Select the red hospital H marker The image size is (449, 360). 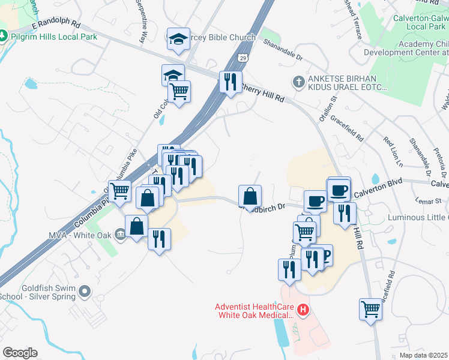(x=303, y=310)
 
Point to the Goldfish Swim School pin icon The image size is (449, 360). (x=84, y=292)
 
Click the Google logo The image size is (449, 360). (x=20, y=353)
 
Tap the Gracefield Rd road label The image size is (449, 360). (x=351, y=128)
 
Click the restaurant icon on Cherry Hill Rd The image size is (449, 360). (x=230, y=82)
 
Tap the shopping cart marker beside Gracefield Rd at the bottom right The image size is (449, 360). (x=371, y=310)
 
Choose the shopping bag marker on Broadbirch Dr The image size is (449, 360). (x=250, y=196)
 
